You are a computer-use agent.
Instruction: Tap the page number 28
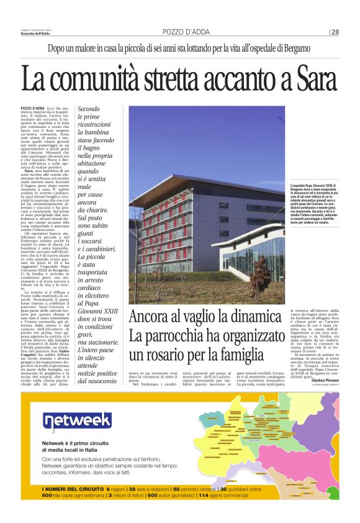point(335,32)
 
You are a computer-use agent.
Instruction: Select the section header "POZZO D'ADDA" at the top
point(186,32)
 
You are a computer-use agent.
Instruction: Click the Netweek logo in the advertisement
point(68,422)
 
